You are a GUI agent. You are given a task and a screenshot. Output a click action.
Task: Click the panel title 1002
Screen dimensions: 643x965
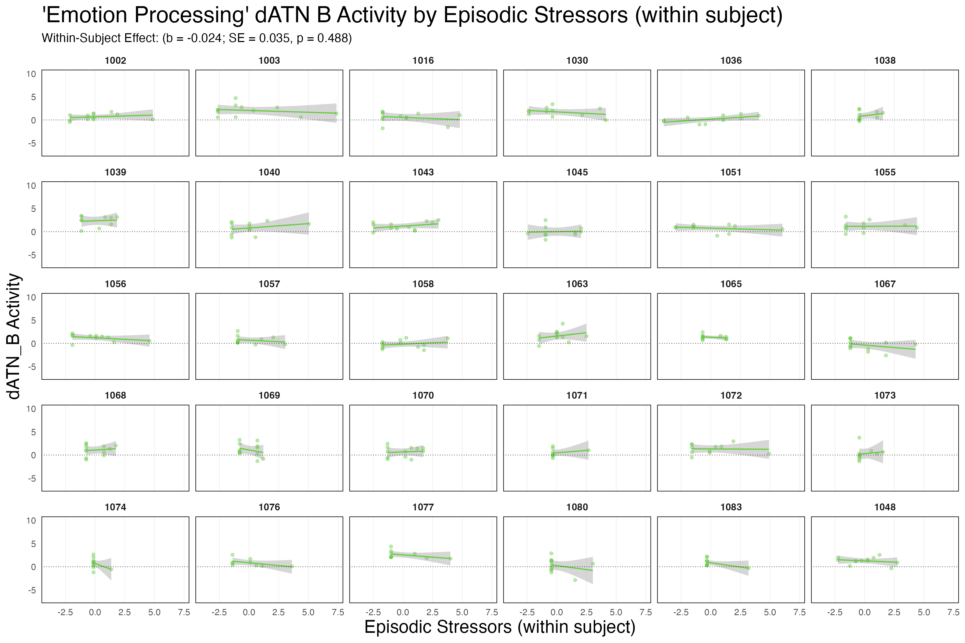pyautogui.click(x=115, y=61)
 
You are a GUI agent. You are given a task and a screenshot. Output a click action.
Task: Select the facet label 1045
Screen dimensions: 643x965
pyautogui.click(x=577, y=172)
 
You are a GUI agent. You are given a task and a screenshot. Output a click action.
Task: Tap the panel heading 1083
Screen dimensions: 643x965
pyautogui.click(x=731, y=507)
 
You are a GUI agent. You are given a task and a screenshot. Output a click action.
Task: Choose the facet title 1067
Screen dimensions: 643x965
pyautogui.click(x=885, y=284)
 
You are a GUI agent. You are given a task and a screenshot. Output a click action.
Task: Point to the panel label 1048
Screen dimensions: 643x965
pyautogui.click(x=885, y=507)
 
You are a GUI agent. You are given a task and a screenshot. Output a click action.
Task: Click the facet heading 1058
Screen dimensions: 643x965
pyautogui.click(x=423, y=284)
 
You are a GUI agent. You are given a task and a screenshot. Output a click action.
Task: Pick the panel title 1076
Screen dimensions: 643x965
pyautogui.click(x=269, y=507)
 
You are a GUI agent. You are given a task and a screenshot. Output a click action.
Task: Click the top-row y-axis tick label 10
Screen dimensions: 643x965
pyautogui.click(x=31, y=74)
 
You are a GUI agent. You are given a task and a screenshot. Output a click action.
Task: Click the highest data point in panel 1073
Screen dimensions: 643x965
pyautogui.click(x=859, y=438)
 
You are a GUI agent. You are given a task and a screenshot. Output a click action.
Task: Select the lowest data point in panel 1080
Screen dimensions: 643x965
pyautogui.click(x=575, y=580)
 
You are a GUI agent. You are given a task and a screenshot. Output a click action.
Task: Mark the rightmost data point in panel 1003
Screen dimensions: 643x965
pyautogui.click(x=336, y=113)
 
